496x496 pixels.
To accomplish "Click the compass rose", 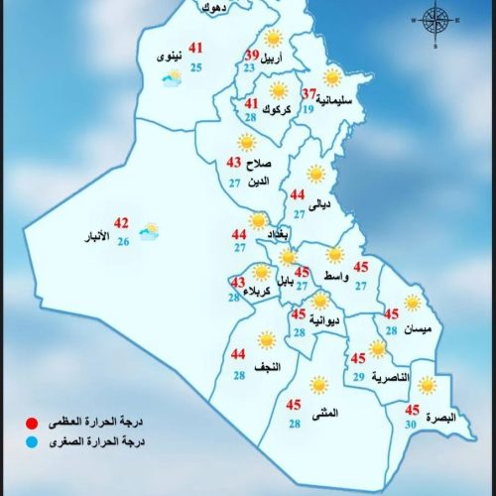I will pos(434,20).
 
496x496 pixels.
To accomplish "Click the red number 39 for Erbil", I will pos(252,55).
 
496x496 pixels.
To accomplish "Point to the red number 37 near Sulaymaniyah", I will pos(310,94).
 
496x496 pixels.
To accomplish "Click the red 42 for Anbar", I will pos(122,222).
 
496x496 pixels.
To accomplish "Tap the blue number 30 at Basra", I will pos(411,425).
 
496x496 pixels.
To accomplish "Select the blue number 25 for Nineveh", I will pos(196,66).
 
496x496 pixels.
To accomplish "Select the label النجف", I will pos(269,367).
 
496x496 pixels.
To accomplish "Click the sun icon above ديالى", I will pos(315,175).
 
